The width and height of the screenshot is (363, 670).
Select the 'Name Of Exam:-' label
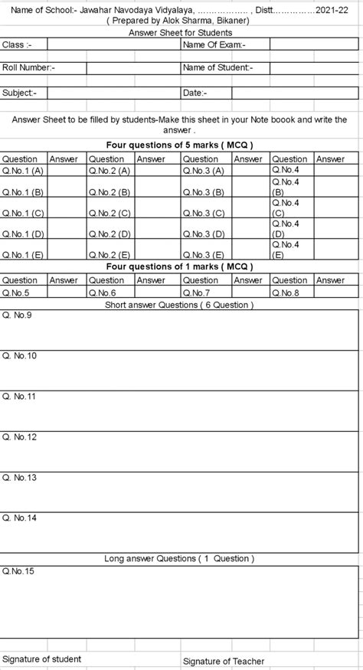pos(214,45)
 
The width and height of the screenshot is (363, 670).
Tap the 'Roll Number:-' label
pos(29,67)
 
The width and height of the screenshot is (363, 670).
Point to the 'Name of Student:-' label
pos(217,67)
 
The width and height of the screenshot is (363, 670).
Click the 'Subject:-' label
pos(19,92)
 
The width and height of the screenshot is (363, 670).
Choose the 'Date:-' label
pos(194,92)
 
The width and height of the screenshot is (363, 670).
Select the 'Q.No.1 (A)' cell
pos(23,170)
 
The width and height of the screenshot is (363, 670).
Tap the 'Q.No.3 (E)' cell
pos(203,254)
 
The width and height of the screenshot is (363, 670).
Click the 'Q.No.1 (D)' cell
pos(23,234)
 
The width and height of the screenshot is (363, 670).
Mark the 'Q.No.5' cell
pos(16,293)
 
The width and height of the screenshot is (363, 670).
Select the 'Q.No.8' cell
pos(285,293)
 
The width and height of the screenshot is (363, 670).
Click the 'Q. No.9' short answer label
pos(18,315)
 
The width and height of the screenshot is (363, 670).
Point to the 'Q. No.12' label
pos(20,436)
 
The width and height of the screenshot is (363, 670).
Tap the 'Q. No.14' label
pos(20,518)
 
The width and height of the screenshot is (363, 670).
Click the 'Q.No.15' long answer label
pos(18,570)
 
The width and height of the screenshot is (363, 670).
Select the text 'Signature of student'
pos(42,658)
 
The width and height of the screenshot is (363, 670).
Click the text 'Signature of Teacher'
pos(224,661)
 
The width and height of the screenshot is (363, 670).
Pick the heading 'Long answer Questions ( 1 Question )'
pos(180,559)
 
